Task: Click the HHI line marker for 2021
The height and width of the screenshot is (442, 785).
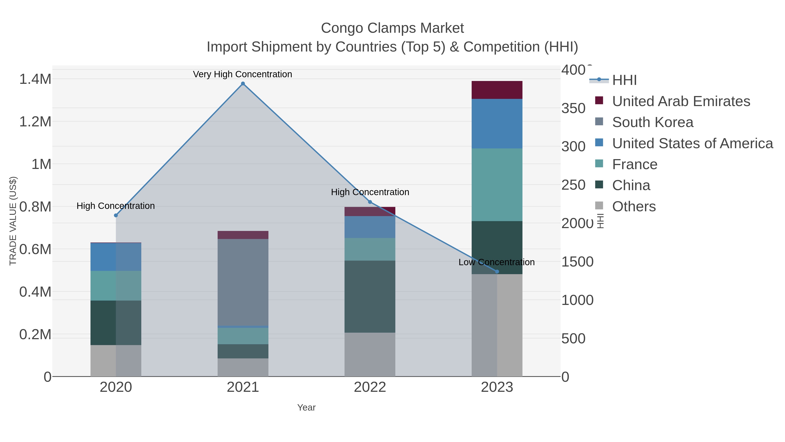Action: click(243, 84)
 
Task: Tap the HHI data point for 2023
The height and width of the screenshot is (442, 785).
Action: click(497, 272)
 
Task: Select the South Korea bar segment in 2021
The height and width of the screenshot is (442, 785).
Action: click(243, 282)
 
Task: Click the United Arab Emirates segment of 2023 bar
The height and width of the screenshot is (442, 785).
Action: click(497, 90)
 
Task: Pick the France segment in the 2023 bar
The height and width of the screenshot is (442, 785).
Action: click(497, 184)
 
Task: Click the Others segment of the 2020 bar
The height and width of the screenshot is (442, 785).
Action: click(116, 361)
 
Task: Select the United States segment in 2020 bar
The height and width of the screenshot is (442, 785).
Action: click(116, 257)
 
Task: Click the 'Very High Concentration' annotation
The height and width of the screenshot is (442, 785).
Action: click(242, 74)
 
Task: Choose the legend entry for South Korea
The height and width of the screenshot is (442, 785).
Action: click(652, 122)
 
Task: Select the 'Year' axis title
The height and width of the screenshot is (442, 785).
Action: click(306, 408)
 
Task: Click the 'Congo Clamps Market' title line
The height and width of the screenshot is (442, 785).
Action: click(392, 28)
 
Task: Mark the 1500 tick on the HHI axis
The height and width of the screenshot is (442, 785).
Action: click(577, 262)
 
